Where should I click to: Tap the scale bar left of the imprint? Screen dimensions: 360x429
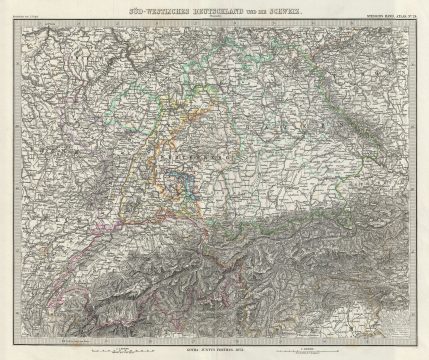(120, 348)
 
